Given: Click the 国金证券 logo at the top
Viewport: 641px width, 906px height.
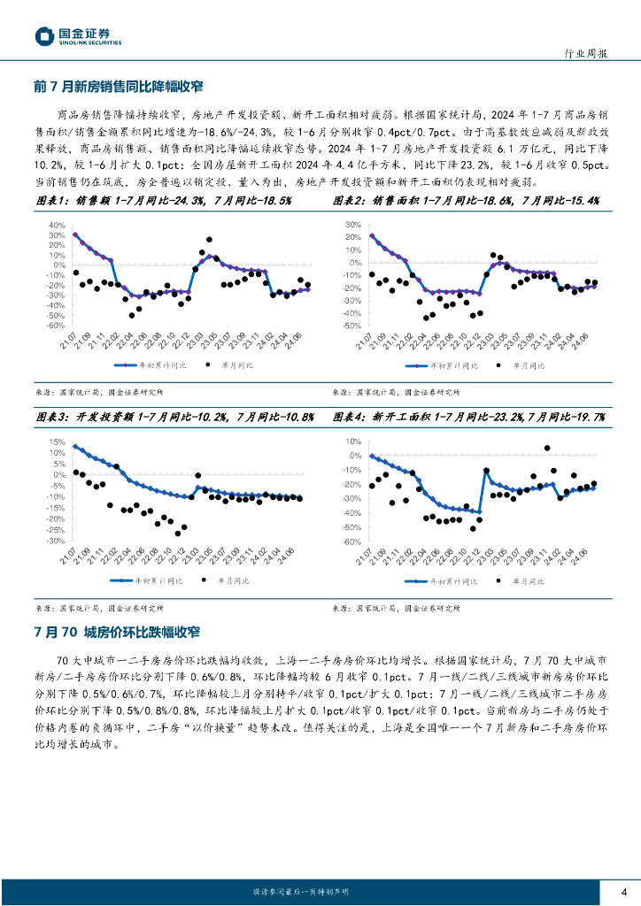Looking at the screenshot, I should click(78, 35).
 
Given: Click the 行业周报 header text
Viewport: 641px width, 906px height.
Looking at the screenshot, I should click(586, 53).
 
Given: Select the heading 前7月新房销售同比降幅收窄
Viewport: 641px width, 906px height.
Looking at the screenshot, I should click(119, 87).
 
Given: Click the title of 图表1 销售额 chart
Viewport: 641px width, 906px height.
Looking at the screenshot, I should click(163, 201).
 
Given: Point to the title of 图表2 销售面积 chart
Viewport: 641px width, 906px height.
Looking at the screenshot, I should click(467, 201).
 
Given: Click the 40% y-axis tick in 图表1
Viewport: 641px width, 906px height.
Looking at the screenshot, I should click(57, 225).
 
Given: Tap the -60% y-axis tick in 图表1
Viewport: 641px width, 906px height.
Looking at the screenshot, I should click(55, 326).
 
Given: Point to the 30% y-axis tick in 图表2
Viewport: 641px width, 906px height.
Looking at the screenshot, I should click(353, 225).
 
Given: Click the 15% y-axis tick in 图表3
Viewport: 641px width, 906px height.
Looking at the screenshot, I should click(57, 441).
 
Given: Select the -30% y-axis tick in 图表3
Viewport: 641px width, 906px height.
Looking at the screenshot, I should click(55, 541).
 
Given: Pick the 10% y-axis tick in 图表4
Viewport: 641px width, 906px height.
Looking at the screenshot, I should click(353, 441).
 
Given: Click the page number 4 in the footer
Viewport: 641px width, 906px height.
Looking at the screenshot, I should click(624, 891).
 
